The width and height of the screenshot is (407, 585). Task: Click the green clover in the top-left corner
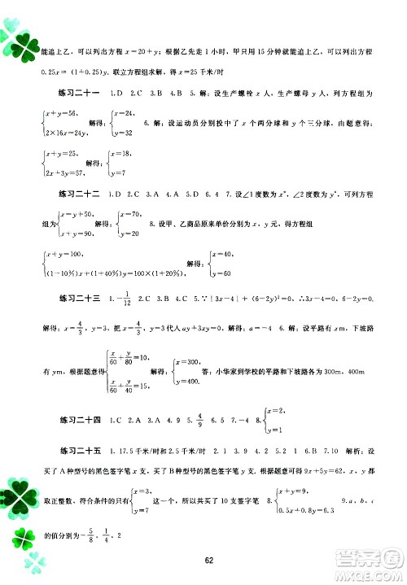tap(18, 37)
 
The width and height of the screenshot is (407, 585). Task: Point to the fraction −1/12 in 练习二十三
tap(127, 301)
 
